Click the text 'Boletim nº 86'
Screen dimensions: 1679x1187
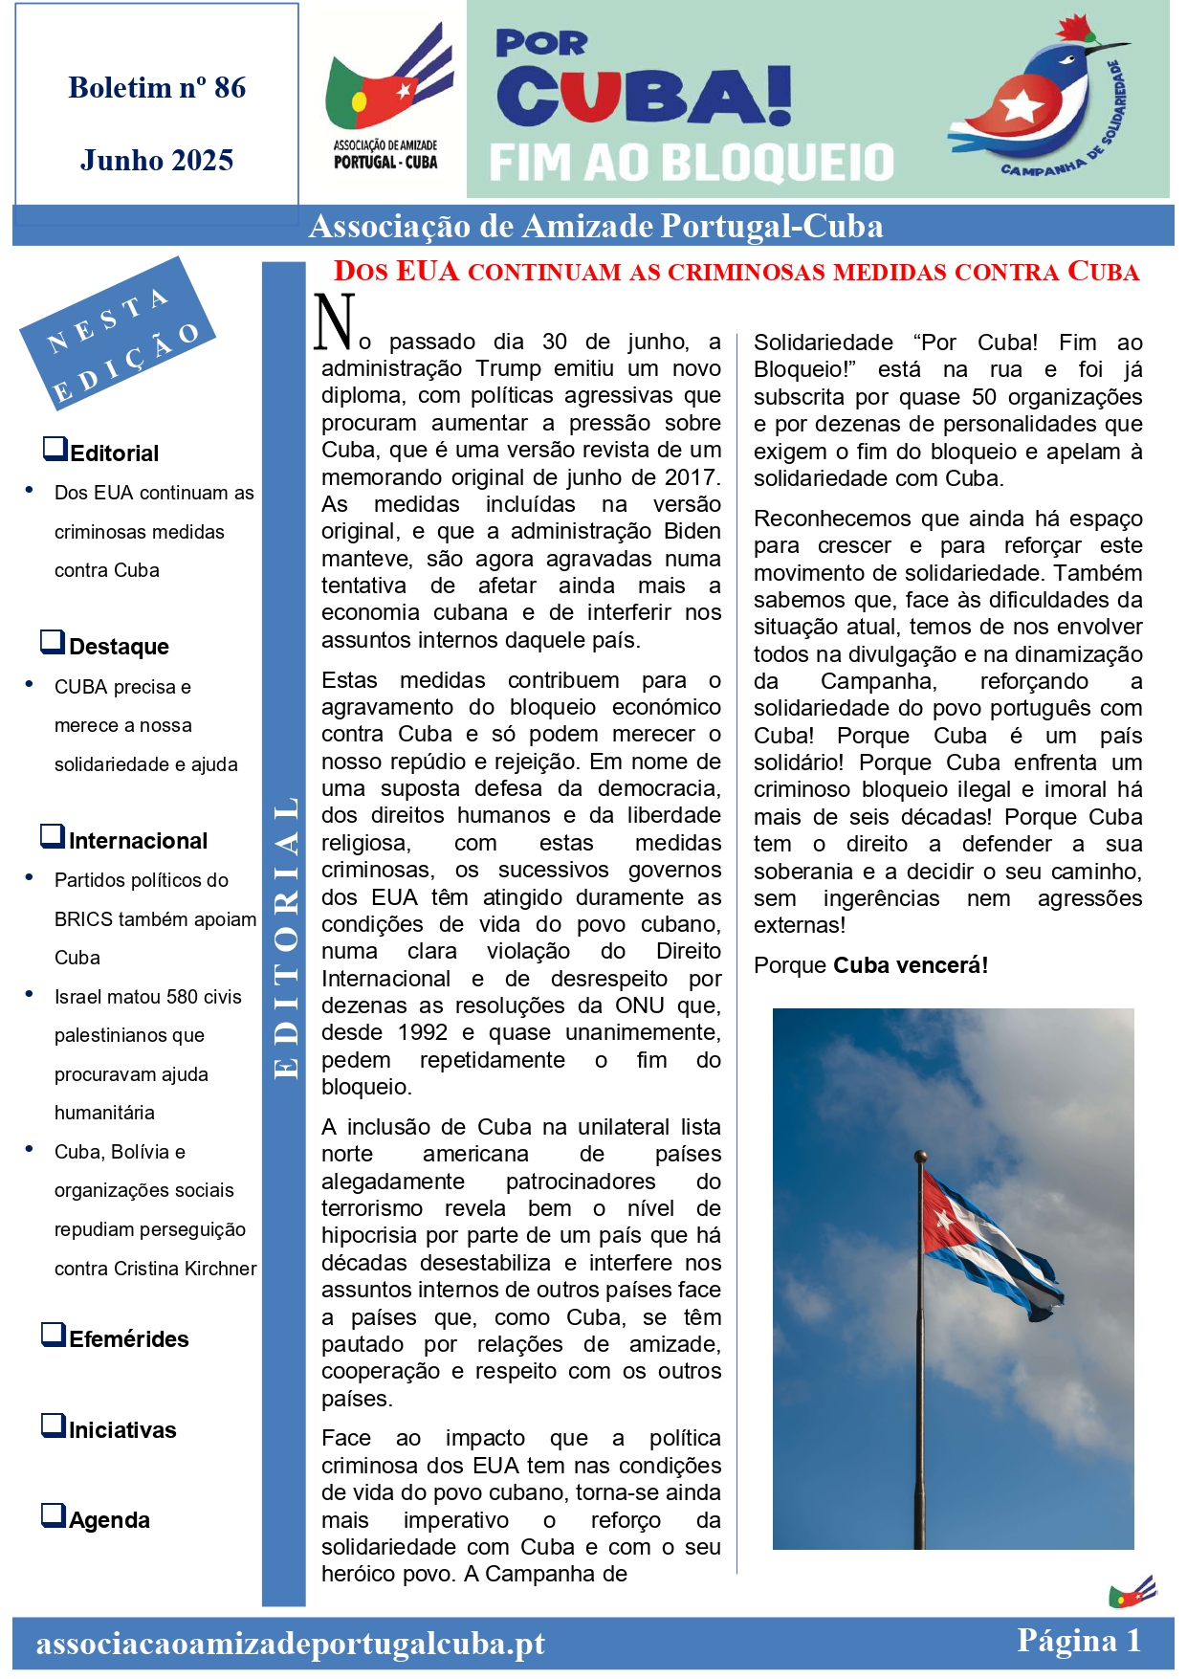[x=157, y=88]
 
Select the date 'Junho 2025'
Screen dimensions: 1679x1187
[x=157, y=160]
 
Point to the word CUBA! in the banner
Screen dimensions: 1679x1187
[x=644, y=96]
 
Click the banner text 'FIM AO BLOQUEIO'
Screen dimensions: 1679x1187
[x=692, y=163]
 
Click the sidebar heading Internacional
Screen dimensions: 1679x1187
[x=138, y=841]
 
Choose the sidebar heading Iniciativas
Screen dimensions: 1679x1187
[x=122, y=1430]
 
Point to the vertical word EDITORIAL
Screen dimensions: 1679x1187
[x=285, y=938]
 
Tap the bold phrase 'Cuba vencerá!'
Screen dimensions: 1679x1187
[x=911, y=965]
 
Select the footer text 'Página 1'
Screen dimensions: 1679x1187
[x=1078, y=1641]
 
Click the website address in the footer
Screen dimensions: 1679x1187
[x=290, y=1644]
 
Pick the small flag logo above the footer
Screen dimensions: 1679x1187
[x=1132, y=1592]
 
